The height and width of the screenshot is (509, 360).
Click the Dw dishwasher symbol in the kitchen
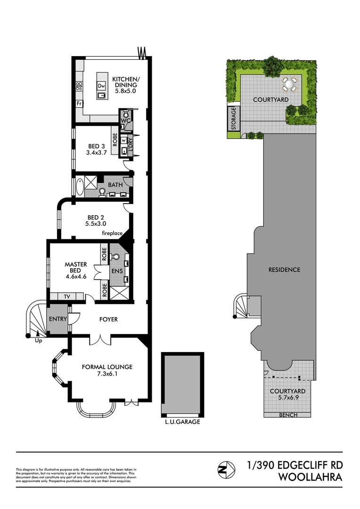click(101, 86)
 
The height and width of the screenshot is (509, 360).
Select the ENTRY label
click(58, 319)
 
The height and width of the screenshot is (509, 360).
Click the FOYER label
click(108, 319)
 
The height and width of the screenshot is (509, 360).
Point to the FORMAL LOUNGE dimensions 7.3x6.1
click(107, 374)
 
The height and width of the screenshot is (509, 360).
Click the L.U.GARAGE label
click(182, 422)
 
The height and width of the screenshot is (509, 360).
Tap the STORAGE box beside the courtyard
click(233, 119)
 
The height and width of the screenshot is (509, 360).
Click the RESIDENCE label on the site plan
click(284, 270)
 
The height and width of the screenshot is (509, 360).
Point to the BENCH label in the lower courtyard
click(287, 415)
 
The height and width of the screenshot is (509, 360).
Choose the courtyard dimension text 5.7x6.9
click(287, 398)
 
